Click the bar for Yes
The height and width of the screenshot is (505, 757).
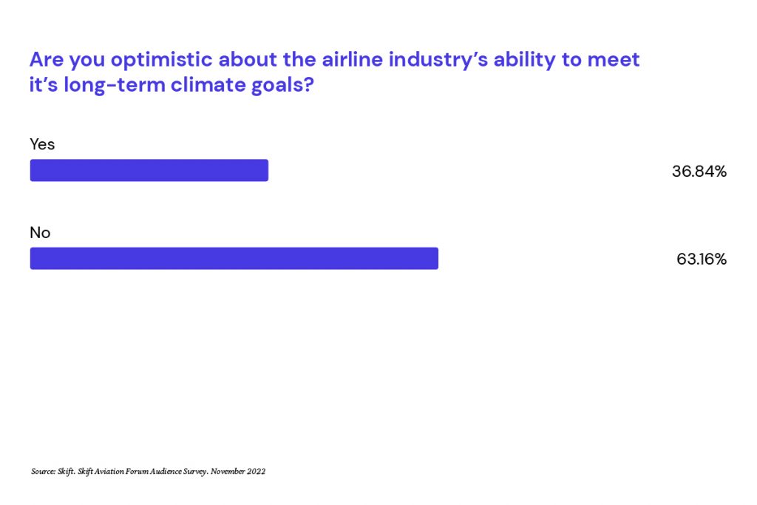tap(149, 170)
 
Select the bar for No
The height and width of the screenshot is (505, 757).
tap(234, 258)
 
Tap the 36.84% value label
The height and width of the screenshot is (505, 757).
tap(699, 172)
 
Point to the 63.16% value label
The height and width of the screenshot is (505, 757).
tap(702, 260)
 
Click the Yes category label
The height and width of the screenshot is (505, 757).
tap(42, 144)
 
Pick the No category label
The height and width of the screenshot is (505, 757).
tap(40, 233)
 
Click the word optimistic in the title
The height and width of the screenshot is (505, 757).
tap(162, 61)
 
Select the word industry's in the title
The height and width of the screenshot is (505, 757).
tap(438, 61)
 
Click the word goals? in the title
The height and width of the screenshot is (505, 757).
tap(282, 86)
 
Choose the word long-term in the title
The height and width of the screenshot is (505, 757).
tap(115, 86)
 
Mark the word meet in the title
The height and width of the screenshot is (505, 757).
tap(613, 60)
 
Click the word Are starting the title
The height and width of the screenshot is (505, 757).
tap(47, 60)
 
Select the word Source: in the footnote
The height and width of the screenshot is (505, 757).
tap(44, 471)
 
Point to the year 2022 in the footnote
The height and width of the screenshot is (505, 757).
tap(257, 471)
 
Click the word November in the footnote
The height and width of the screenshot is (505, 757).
tap(228, 471)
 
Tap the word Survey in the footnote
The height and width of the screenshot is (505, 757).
tap(195, 472)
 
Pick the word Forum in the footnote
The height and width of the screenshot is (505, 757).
tap(137, 471)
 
